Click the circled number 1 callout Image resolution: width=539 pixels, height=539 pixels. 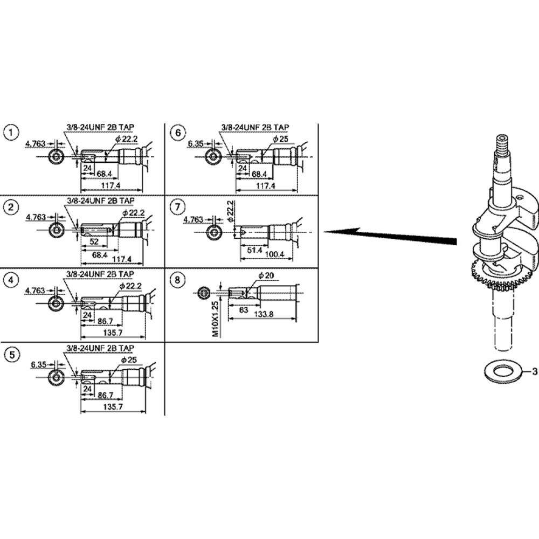[x=10, y=132]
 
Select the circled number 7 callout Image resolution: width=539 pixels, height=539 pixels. [x=177, y=206]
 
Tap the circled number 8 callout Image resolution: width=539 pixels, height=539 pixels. [x=177, y=280]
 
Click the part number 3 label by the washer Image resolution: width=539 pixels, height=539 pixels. [x=534, y=371]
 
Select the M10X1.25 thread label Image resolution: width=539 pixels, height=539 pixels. [x=215, y=319]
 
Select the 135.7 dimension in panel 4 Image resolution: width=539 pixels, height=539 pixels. [x=112, y=333]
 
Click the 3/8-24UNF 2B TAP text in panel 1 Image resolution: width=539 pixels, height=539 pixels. [x=100, y=127]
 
